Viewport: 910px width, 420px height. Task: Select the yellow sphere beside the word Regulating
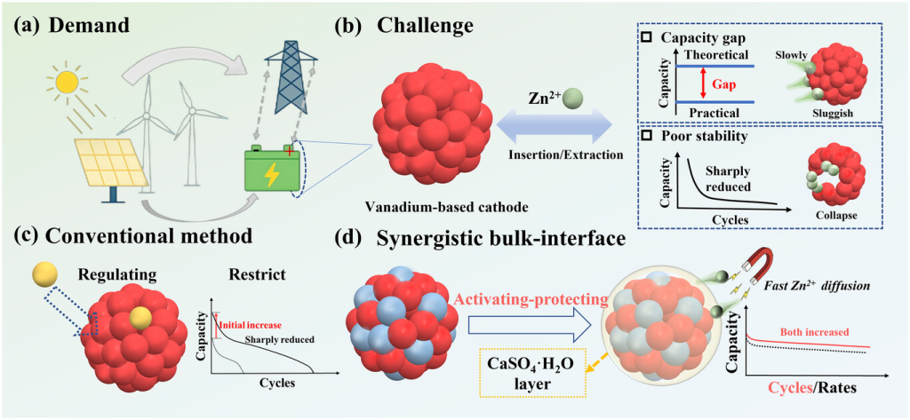[43, 271]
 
